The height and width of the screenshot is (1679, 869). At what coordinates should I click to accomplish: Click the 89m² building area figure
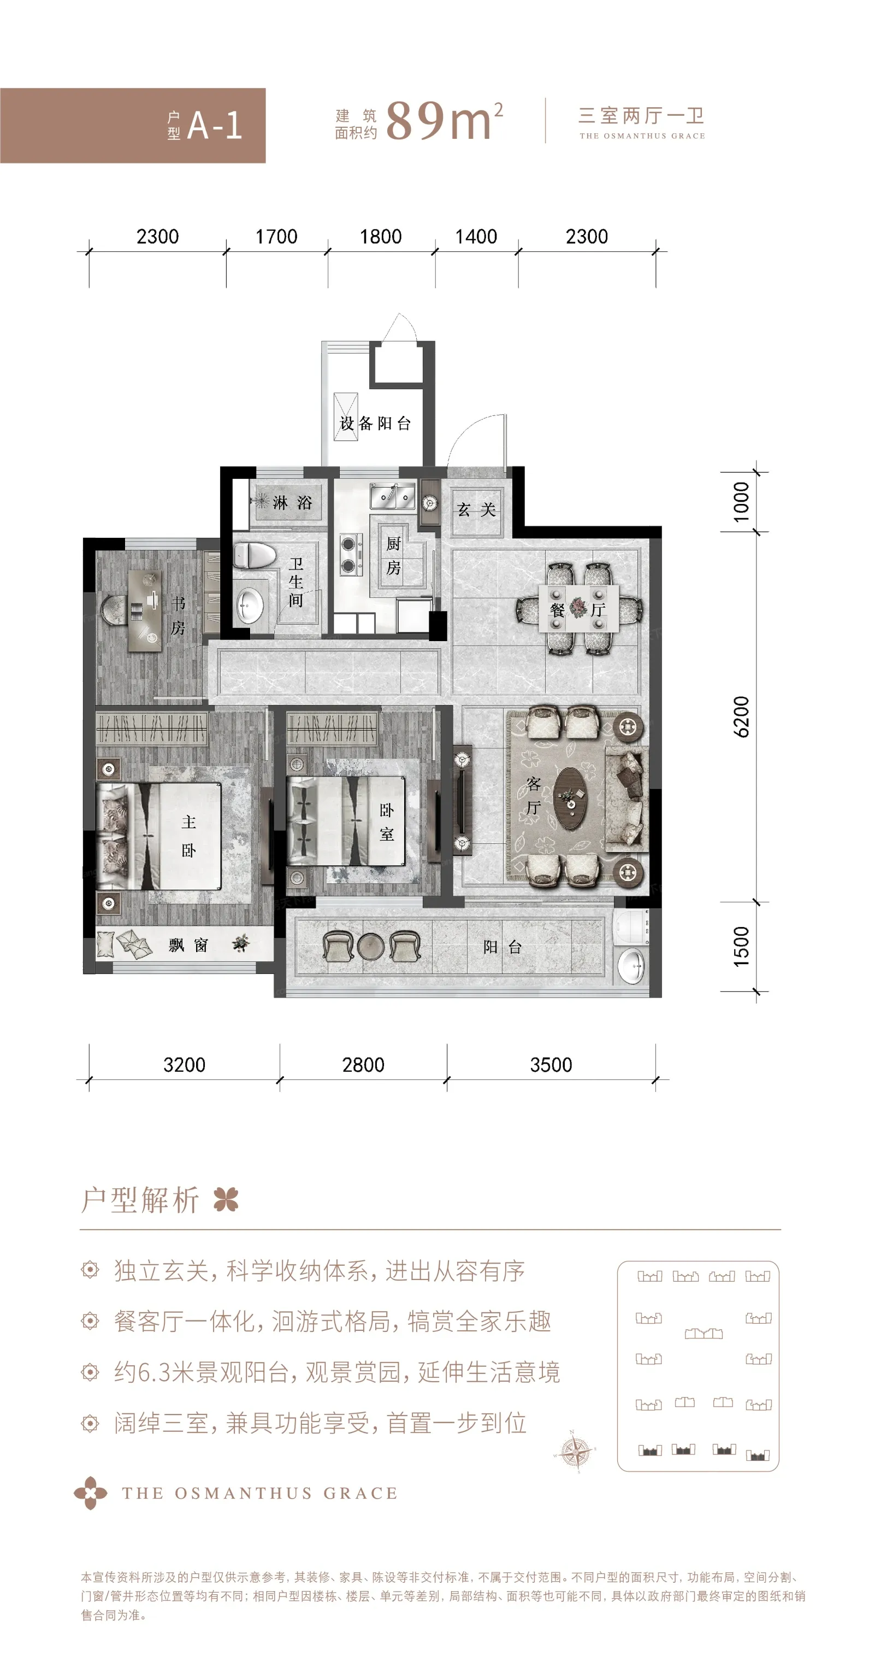[x=444, y=121]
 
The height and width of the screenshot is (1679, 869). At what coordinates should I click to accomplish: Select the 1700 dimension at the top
[x=276, y=236]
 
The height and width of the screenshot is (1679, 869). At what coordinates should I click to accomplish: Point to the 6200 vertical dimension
[x=741, y=717]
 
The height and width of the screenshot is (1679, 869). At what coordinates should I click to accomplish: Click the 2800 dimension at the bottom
[x=363, y=1064]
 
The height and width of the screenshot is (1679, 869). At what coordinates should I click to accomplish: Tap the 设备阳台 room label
[x=375, y=423]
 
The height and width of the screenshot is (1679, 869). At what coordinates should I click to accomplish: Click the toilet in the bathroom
[x=254, y=555]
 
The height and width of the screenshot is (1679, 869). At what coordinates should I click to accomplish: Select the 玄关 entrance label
[x=476, y=510]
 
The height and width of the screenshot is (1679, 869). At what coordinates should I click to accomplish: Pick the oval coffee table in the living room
[x=570, y=798]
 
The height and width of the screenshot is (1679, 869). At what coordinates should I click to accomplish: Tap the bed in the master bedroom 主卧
[x=159, y=836]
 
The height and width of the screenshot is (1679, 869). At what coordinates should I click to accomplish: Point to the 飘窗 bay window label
[x=188, y=945]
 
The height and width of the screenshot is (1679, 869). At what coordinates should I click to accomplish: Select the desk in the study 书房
[x=145, y=609]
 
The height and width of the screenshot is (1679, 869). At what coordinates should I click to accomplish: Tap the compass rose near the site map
[x=575, y=1452]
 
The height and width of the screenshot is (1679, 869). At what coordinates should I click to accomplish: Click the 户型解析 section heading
[x=140, y=1200]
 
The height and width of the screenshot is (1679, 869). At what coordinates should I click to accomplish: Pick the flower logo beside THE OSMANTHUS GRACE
[x=90, y=1493]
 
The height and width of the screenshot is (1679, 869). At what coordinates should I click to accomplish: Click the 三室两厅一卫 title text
[x=641, y=116]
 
